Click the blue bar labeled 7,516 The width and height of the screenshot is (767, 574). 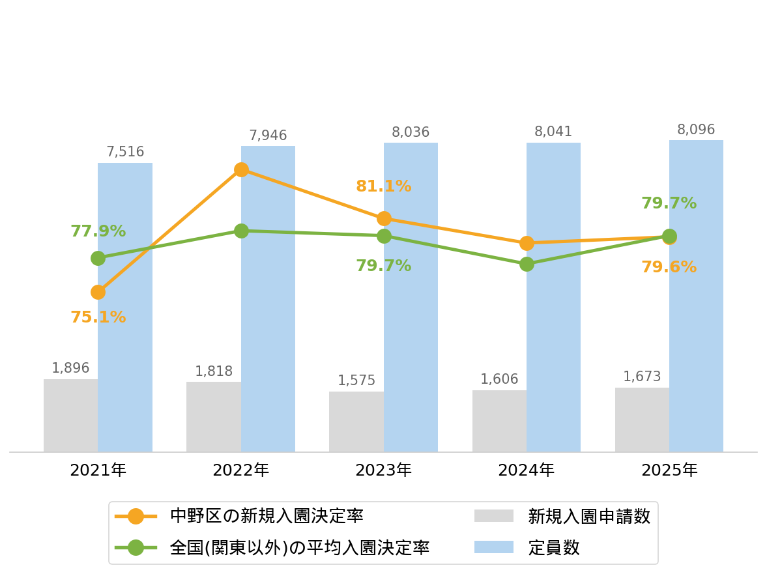tap(124, 307)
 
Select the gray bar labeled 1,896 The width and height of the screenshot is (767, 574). tap(70, 416)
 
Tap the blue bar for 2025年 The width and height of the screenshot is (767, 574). tap(696, 296)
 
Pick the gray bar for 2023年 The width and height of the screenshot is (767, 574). tap(356, 422)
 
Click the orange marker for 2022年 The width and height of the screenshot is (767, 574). tap(241, 169)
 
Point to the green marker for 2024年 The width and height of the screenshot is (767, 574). tap(527, 264)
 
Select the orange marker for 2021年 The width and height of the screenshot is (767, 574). tap(98, 293)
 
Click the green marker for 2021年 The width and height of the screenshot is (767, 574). tap(98, 258)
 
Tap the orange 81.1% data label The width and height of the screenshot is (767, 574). tap(383, 186)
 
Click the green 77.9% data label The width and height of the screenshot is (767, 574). tap(98, 231)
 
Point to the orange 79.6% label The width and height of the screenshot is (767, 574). tap(669, 267)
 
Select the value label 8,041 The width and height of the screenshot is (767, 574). tap(553, 131)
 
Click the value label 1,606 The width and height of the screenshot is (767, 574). tap(499, 379)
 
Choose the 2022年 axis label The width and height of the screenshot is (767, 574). tap(240, 470)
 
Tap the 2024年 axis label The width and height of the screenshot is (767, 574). tap(527, 470)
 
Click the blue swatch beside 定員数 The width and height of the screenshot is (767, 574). tap(493, 547)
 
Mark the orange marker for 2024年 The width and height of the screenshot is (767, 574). tap(527, 243)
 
